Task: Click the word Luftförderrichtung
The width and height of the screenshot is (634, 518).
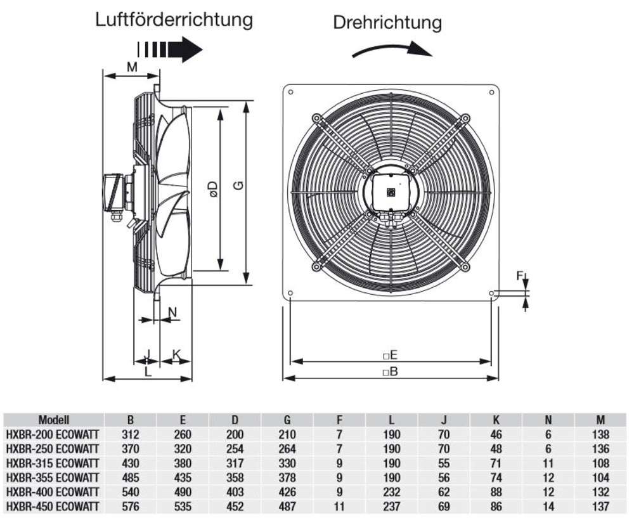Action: (x=174, y=20)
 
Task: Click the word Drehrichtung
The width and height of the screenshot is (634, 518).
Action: (x=387, y=23)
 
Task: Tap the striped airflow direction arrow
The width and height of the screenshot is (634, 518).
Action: (x=169, y=49)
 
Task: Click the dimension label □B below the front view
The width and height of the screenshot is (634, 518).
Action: (x=390, y=372)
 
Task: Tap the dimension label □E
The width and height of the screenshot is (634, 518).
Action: (x=390, y=354)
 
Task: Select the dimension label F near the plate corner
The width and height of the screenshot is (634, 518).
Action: (x=519, y=276)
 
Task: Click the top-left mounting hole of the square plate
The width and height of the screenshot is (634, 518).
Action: (x=290, y=93)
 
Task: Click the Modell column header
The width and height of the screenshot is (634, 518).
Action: (x=54, y=420)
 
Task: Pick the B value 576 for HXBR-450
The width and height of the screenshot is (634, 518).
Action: (x=130, y=507)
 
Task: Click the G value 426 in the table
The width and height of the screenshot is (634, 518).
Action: (x=287, y=492)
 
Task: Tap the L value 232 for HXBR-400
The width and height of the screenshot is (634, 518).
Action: (x=392, y=492)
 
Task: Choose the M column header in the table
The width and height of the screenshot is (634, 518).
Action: (x=600, y=420)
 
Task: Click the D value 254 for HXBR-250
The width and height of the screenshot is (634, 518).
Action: (x=235, y=449)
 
